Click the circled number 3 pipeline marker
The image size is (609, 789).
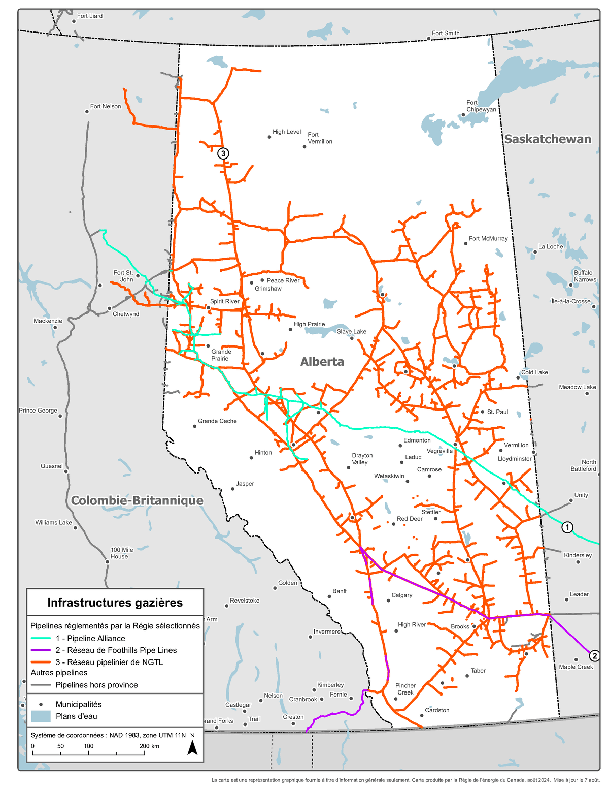223,153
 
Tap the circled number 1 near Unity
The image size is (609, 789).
567,527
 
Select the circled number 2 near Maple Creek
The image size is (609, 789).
594,656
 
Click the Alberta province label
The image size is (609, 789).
322,362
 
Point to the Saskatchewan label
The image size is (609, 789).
547,139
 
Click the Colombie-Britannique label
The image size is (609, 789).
137,501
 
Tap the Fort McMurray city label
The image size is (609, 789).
488,238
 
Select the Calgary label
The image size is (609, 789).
401,595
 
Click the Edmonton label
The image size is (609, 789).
417,440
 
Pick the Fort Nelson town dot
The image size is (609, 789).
87,112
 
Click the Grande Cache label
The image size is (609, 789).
217,421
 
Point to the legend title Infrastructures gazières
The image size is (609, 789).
115,603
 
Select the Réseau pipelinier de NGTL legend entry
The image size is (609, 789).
109,662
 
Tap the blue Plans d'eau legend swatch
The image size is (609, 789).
41,716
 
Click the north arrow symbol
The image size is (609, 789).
192,747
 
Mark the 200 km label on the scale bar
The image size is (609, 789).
149,746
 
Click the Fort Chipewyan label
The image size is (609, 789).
481,106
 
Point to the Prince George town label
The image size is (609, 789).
38,411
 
